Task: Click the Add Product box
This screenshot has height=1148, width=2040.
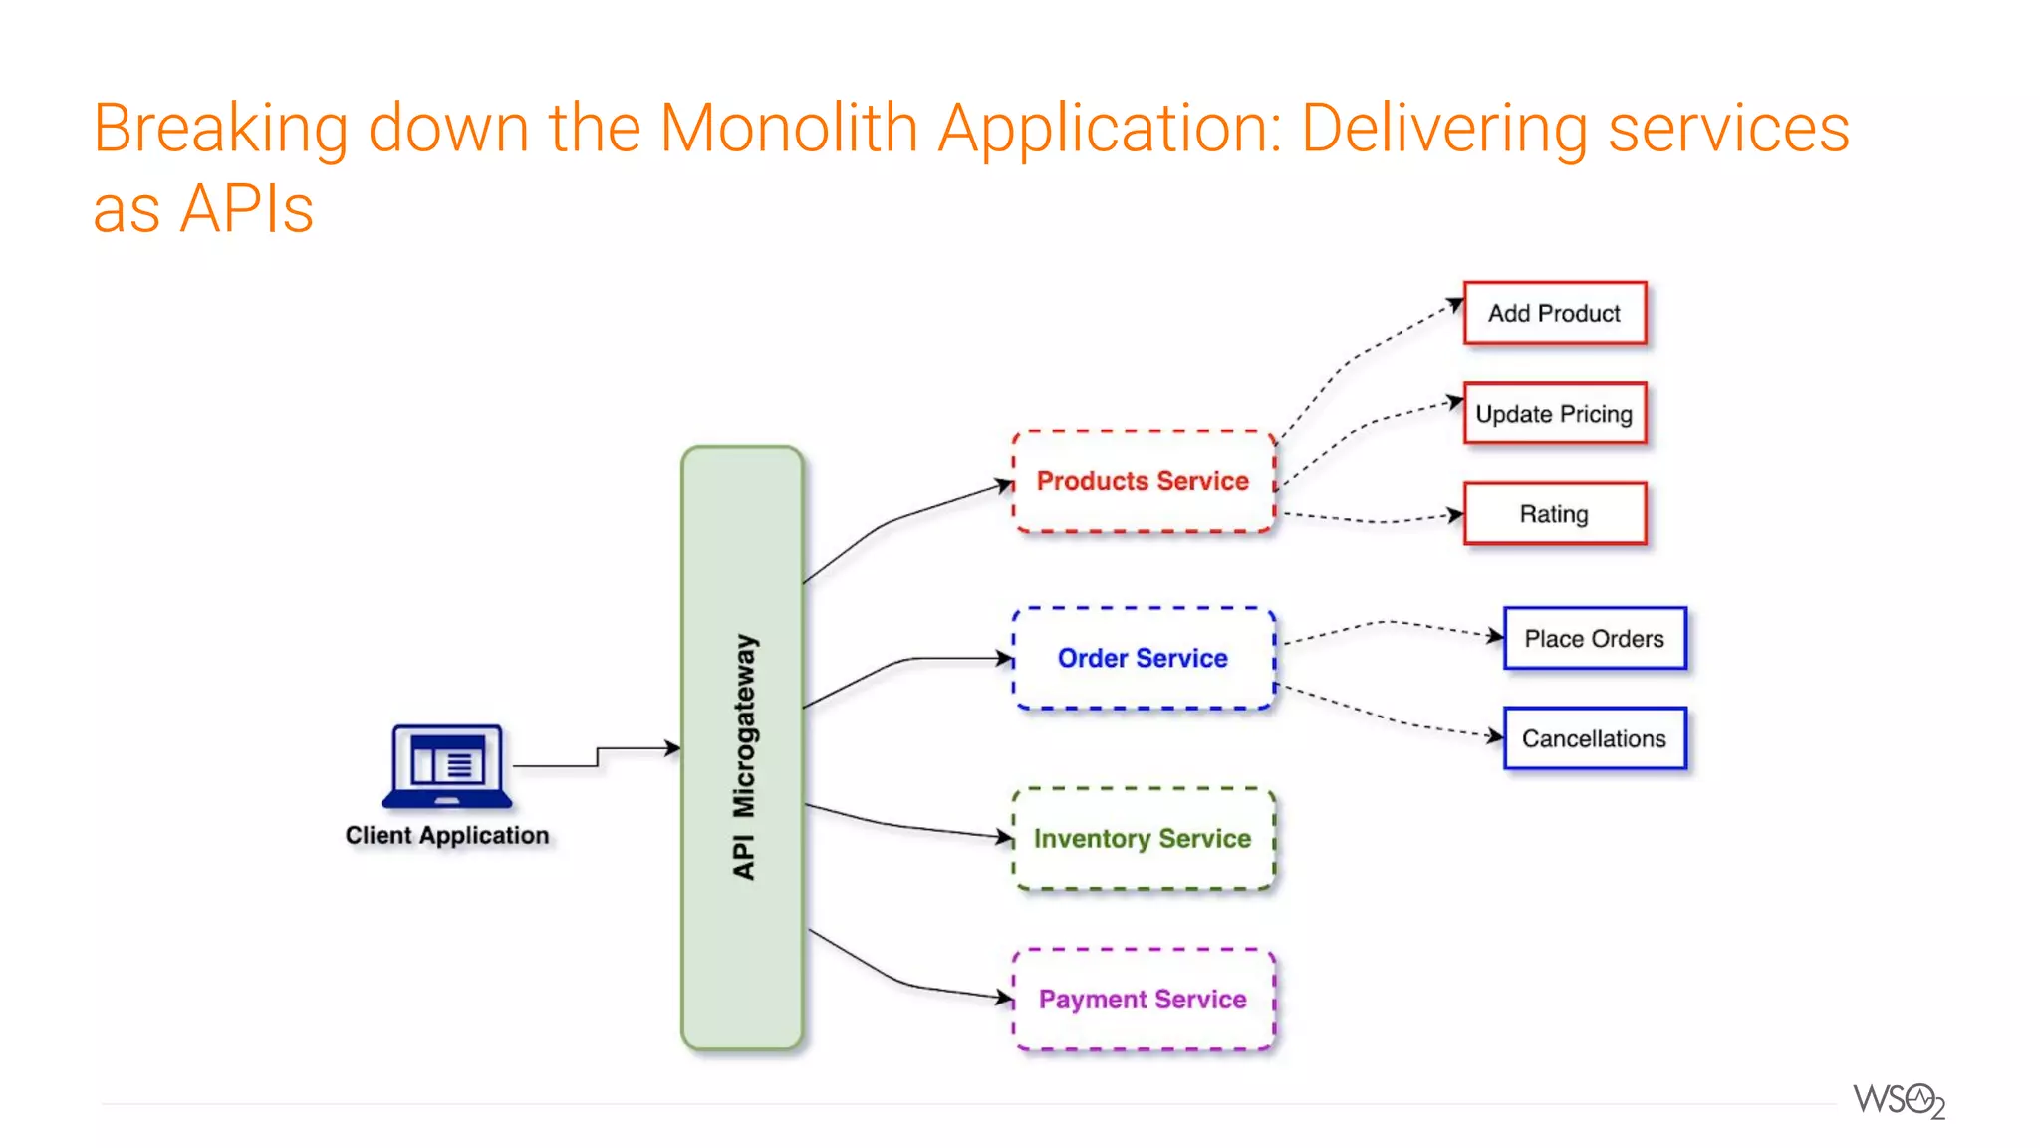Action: [1554, 313]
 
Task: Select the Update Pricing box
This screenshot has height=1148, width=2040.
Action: [1554, 414]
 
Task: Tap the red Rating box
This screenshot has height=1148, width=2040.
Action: [1554, 514]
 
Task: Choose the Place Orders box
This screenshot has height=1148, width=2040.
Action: [1594, 638]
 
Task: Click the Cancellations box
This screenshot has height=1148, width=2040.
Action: [1594, 738]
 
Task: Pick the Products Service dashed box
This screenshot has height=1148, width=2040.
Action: [1143, 481]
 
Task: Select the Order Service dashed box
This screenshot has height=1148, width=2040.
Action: [1143, 658]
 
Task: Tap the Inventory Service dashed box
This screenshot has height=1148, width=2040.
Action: [1143, 838]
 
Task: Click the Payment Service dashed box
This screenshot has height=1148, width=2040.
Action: [1143, 999]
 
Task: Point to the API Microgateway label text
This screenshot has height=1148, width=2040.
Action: [744, 757]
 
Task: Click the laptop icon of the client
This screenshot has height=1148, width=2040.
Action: [447, 765]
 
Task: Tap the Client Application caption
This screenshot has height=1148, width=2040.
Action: [447, 835]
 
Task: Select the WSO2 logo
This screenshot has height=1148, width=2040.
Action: [1899, 1101]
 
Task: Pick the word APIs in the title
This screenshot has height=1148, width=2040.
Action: [246, 209]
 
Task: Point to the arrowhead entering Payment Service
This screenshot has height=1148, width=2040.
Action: [1005, 996]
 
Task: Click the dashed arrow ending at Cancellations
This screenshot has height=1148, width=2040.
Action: [1395, 720]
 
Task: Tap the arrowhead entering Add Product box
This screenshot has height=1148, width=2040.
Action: [1455, 304]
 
